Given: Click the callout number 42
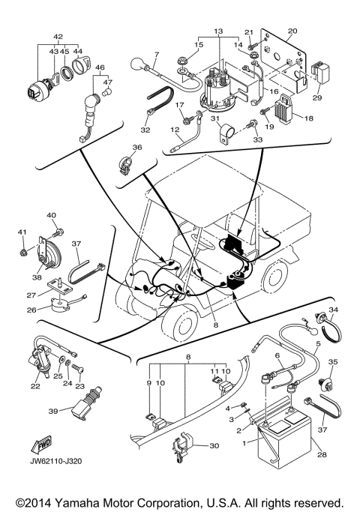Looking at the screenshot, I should tap(58, 36).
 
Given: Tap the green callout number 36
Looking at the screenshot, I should tap(137, 148).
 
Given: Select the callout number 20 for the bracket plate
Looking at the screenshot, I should tap(292, 31).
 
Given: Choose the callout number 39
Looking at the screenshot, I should tap(52, 412).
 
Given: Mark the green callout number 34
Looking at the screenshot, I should tap(334, 310).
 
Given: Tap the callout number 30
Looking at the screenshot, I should tap(214, 446).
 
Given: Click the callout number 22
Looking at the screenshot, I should tap(34, 387).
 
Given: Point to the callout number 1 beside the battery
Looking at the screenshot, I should tap(243, 444).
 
